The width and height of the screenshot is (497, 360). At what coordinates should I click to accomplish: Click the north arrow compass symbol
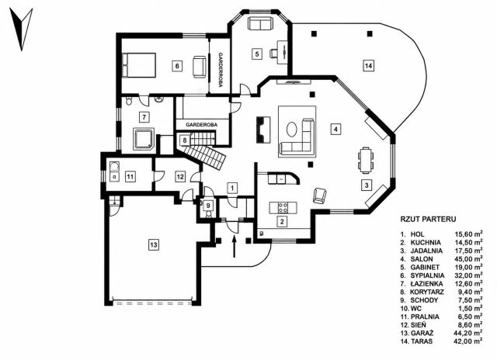21,29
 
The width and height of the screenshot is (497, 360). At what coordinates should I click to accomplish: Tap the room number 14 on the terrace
368,66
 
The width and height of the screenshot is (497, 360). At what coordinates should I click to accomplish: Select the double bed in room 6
139,65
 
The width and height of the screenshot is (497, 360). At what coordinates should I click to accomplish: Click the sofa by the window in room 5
260,24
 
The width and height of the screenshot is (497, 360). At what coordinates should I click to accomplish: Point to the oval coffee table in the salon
292,130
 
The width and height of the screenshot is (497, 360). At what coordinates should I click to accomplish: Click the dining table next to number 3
366,161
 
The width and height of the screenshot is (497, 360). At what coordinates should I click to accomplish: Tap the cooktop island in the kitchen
283,208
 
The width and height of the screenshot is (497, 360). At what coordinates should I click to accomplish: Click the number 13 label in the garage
154,244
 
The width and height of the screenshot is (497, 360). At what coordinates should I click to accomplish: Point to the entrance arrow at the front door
235,247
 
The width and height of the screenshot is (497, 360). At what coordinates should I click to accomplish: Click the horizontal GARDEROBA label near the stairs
202,125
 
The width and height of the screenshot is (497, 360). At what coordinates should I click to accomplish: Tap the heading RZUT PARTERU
428,219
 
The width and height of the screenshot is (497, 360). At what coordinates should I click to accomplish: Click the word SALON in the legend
422,259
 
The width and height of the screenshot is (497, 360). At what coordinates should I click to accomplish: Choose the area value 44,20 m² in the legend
469,333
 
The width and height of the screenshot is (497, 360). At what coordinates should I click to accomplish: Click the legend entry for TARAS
441,341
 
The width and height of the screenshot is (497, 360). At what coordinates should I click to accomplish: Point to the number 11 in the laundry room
130,176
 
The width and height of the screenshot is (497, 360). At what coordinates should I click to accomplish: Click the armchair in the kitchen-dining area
319,196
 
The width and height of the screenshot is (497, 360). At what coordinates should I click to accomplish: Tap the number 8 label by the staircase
185,140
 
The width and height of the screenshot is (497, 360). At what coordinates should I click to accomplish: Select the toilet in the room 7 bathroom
129,101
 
